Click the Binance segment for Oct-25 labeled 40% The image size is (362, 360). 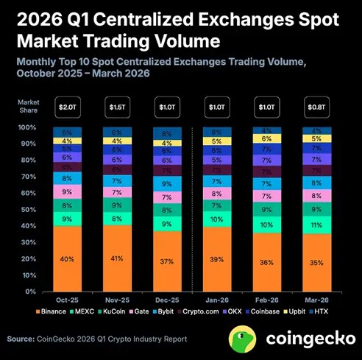point(67,258)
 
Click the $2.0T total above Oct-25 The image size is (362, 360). point(67,107)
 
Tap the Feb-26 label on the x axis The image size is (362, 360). point(267,301)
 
